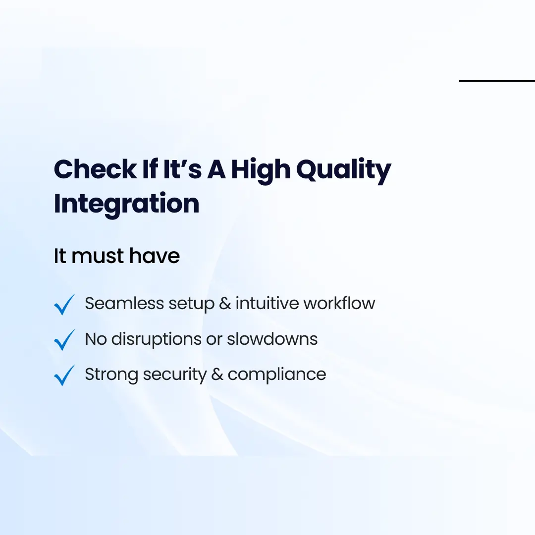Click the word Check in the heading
pyautogui.click(x=94, y=169)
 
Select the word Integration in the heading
pyautogui.click(x=126, y=204)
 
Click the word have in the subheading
pyautogui.click(x=155, y=256)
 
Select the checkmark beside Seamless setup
pyautogui.click(x=64, y=304)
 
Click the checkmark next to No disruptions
pyautogui.click(x=64, y=340)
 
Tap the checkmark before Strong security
pyautogui.click(x=64, y=375)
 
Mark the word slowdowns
pyautogui.click(x=272, y=339)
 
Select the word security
pyautogui.click(x=174, y=375)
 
